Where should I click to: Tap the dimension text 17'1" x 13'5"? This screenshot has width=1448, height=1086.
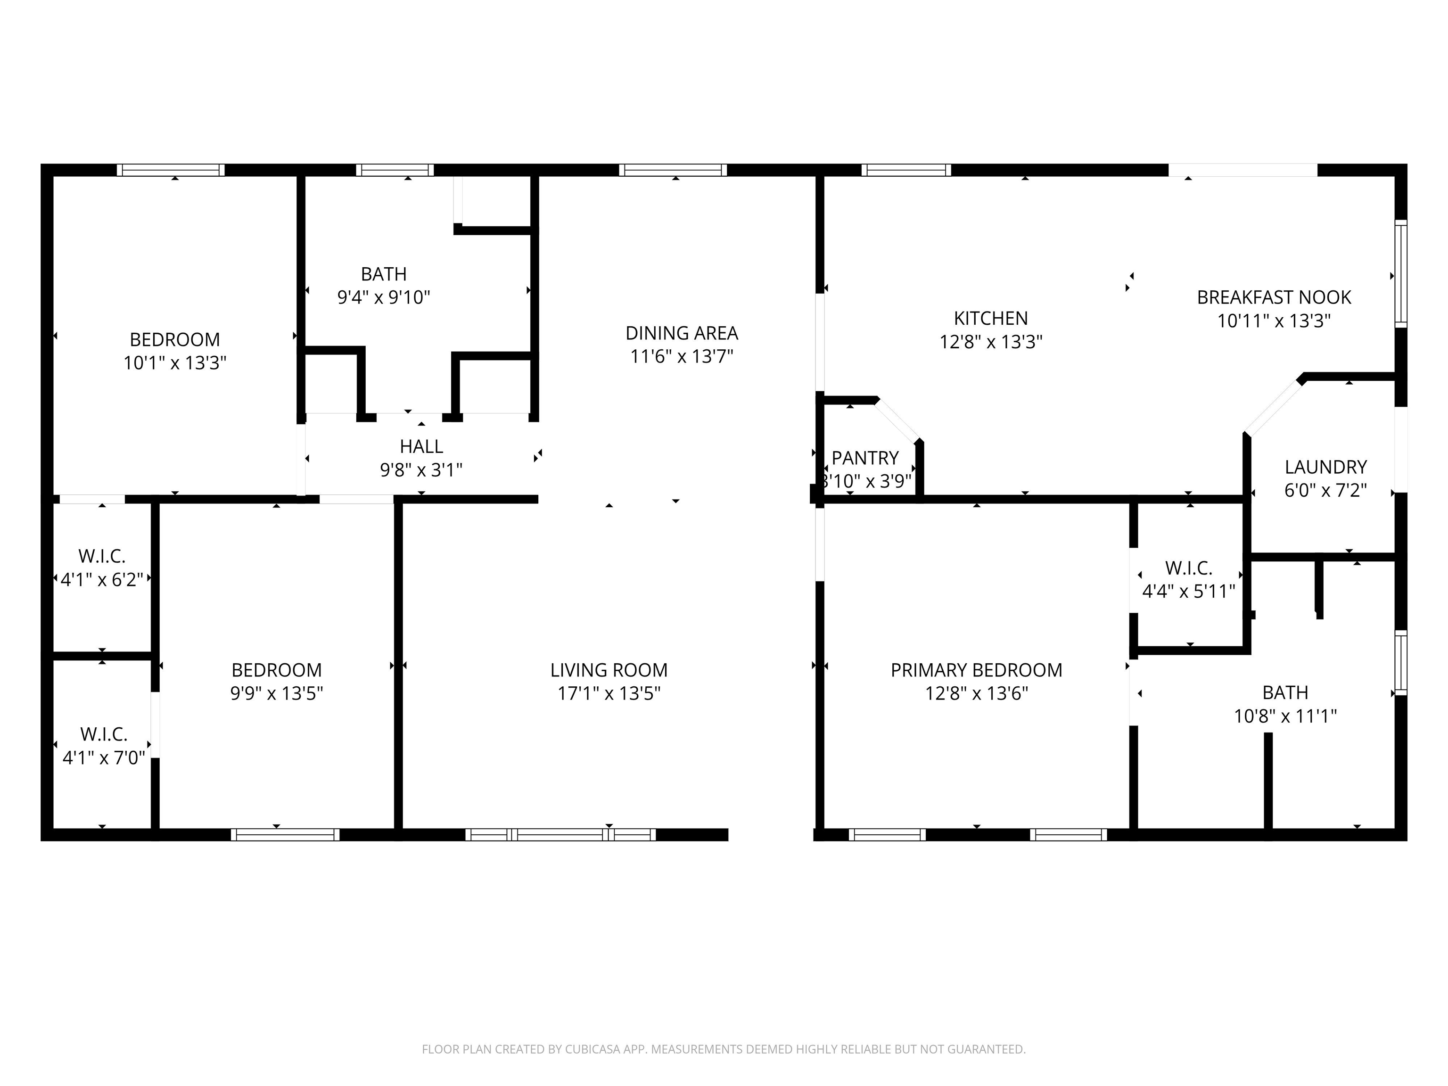coord(609,693)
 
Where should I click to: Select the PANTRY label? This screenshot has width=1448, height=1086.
coord(865,458)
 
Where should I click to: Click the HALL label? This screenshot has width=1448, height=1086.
coord(421,446)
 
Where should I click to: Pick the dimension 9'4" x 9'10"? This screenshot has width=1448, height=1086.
coord(384,297)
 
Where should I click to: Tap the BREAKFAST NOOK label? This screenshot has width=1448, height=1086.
coord(1274,297)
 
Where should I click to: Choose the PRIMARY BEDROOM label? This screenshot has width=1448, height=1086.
coord(976,670)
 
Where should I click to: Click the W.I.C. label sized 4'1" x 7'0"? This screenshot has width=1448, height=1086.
coord(103,734)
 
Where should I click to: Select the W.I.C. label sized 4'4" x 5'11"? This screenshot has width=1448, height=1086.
coord(1188,568)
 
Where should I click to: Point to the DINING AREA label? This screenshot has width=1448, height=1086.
coord(682,333)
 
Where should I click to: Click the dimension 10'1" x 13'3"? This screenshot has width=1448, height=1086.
coord(175,362)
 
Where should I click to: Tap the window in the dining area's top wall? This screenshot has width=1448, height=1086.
coord(673,170)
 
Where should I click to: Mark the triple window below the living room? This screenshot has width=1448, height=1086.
coord(560,835)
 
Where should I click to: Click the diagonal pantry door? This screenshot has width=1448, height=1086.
coord(898,421)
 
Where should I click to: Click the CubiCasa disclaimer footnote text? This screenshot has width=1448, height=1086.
coord(724,1049)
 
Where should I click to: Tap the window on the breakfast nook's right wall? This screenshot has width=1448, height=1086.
coord(1400,274)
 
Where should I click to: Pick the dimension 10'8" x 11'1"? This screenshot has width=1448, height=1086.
coord(1285,716)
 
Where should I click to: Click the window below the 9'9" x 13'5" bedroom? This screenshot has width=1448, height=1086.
coord(285,835)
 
